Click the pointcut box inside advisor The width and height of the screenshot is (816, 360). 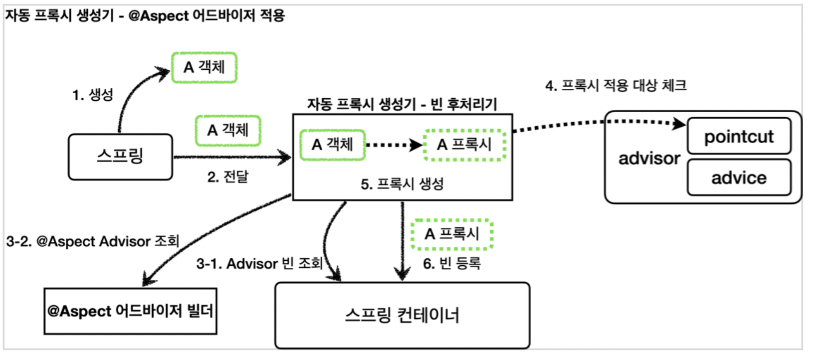coord(739,136)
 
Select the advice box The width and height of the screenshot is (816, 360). coord(739,178)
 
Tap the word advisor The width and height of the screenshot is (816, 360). coord(649,159)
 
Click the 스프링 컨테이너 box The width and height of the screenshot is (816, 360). coord(402,315)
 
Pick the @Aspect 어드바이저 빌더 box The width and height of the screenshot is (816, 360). coord(130,311)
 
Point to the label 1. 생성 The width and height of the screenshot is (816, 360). coord(93,95)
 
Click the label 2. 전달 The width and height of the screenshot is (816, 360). coord(227,177)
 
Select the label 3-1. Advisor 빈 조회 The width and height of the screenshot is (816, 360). coord(259,263)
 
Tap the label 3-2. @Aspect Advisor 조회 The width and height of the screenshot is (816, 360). coord(93,241)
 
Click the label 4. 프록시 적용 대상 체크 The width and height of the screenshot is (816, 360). coord(616,85)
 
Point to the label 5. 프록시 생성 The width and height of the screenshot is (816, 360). coord(402,184)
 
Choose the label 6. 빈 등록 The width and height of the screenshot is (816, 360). coord(452,263)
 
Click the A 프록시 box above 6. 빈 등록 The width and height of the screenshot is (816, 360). coord(452,234)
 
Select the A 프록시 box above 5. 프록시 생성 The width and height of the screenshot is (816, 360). coord(464,145)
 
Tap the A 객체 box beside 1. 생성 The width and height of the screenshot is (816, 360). coord(204,67)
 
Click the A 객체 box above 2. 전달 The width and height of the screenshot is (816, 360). coord(228,130)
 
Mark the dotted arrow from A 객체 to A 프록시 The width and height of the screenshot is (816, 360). coord(394,146)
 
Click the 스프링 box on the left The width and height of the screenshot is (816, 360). coord(120,157)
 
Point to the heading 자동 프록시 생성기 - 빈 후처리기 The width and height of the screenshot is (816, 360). coord(402,104)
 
